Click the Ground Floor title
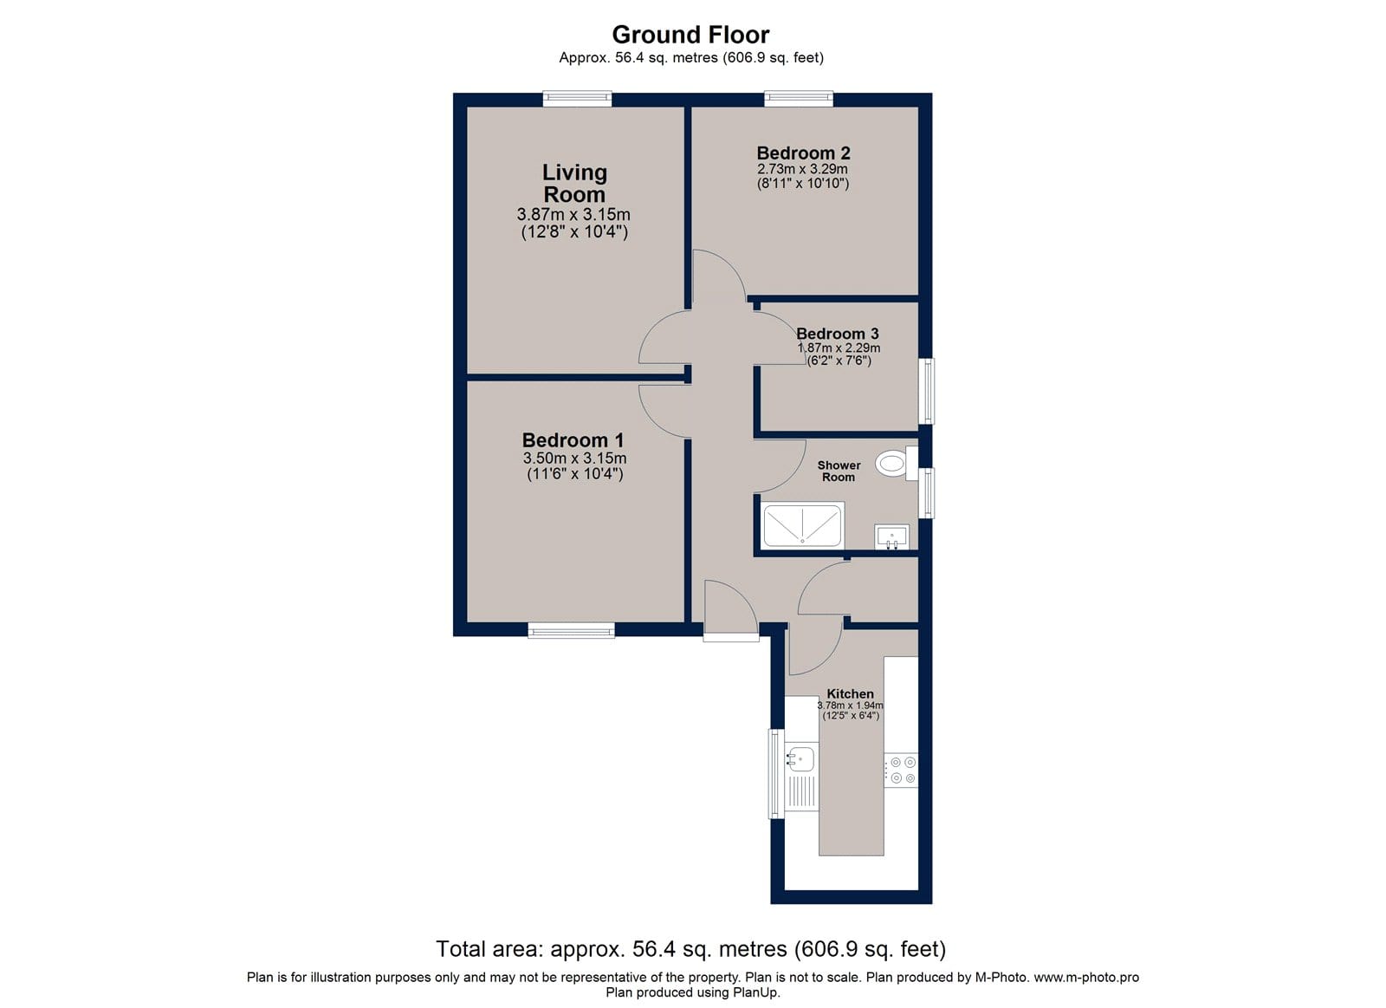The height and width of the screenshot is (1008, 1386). [x=690, y=35]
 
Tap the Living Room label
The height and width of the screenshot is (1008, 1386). [x=575, y=183]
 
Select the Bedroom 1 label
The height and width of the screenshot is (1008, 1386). [x=573, y=440]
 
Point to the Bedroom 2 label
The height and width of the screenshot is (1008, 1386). [x=803, y=153]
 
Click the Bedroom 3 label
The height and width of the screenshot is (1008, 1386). [x=837, y=334]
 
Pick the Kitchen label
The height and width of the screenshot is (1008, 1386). [x=850, y=694]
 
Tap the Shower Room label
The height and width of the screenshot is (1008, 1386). [x=839, y=471]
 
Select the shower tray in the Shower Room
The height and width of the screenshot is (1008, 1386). [x=803, y=526]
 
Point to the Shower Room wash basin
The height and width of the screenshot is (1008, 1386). [x=891, y=537]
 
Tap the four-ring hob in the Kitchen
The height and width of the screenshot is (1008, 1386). [x=901, y=771]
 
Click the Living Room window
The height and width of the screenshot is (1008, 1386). [x=577, y=99]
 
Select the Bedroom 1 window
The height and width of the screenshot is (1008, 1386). [x=571, y=630]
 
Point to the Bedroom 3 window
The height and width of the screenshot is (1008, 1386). [x=926, y=391]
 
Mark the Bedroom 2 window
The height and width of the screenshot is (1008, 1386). [x=798, y=99]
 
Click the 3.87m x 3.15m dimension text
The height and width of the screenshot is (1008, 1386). [x=573, y=215]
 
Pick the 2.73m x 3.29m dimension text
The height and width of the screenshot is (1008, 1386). [x=802, y=169]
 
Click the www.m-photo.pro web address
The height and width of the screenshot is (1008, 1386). [x=1086, y=977]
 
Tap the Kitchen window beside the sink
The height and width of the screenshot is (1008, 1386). [x=776, y=774]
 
